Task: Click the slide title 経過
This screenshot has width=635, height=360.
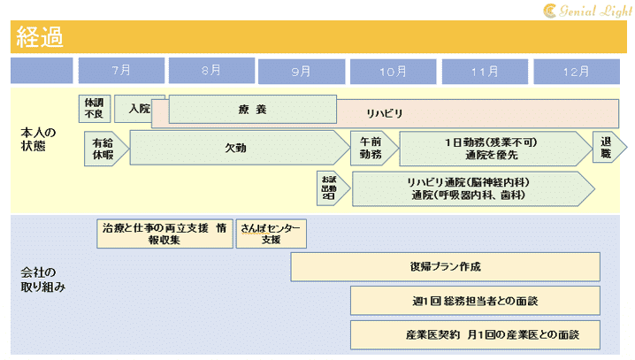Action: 38,37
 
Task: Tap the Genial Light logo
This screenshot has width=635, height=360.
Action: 586,10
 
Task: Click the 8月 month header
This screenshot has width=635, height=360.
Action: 211,70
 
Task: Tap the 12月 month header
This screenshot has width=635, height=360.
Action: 575,70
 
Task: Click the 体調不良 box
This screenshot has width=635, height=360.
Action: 93,108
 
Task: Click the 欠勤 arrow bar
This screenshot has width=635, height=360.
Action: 237,148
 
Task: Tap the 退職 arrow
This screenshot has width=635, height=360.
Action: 607,148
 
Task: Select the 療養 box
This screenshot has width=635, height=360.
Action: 252,110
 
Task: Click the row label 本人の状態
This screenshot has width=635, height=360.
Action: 39,139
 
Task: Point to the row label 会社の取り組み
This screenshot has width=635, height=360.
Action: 42,279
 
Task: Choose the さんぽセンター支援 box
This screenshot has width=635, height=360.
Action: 271,234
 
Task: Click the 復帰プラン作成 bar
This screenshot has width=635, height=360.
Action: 445,266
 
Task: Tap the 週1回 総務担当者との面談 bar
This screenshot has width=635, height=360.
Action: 475,301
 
